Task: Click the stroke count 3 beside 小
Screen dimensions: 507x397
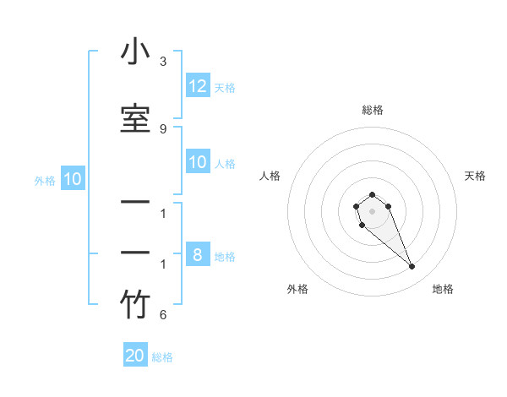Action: (163, 62)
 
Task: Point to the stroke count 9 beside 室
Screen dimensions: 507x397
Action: (163, 128)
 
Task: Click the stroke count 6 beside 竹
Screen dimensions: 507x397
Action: (163, 315)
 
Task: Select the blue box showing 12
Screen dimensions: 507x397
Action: (198, 86)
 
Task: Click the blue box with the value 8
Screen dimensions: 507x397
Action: (198, 255)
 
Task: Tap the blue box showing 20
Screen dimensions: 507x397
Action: (135, 356)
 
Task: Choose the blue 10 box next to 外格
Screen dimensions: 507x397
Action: (73, 179)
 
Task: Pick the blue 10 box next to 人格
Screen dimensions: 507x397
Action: (198, 162)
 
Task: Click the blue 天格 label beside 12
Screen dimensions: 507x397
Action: (225, 88)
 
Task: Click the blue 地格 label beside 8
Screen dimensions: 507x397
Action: (225, 257)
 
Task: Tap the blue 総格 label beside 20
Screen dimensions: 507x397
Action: (162, 357)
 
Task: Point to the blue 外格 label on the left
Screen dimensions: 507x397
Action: (45, 181)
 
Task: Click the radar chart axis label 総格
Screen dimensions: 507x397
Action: (372, 110)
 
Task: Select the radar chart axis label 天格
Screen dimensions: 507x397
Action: (475, 176)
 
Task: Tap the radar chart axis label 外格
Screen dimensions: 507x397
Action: (297, 289)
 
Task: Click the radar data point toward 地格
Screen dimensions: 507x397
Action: (412, 267)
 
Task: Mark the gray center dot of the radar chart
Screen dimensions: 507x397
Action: (372, 211)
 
